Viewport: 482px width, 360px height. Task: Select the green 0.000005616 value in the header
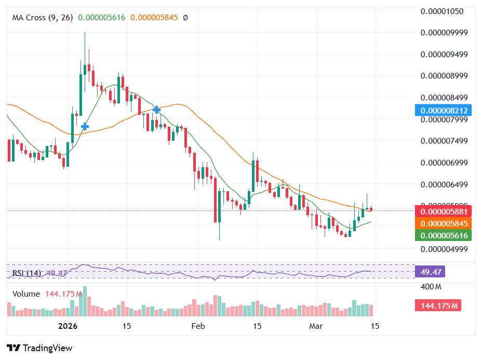102,18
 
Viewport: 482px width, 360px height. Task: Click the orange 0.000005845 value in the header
154,18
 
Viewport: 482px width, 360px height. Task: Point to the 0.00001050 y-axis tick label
441,11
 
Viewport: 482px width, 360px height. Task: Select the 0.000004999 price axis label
444,249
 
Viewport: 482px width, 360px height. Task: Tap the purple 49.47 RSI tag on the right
430,272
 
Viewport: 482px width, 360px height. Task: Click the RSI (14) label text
27,273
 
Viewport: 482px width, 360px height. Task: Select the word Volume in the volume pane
26,294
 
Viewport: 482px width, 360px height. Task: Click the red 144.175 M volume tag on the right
438,305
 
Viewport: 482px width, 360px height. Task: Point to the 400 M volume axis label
431,287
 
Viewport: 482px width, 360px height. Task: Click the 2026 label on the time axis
68,326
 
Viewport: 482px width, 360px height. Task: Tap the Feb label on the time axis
197,326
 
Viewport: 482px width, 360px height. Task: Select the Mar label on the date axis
316,326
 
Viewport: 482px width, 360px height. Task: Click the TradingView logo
39,348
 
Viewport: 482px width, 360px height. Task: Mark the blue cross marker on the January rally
85,126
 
